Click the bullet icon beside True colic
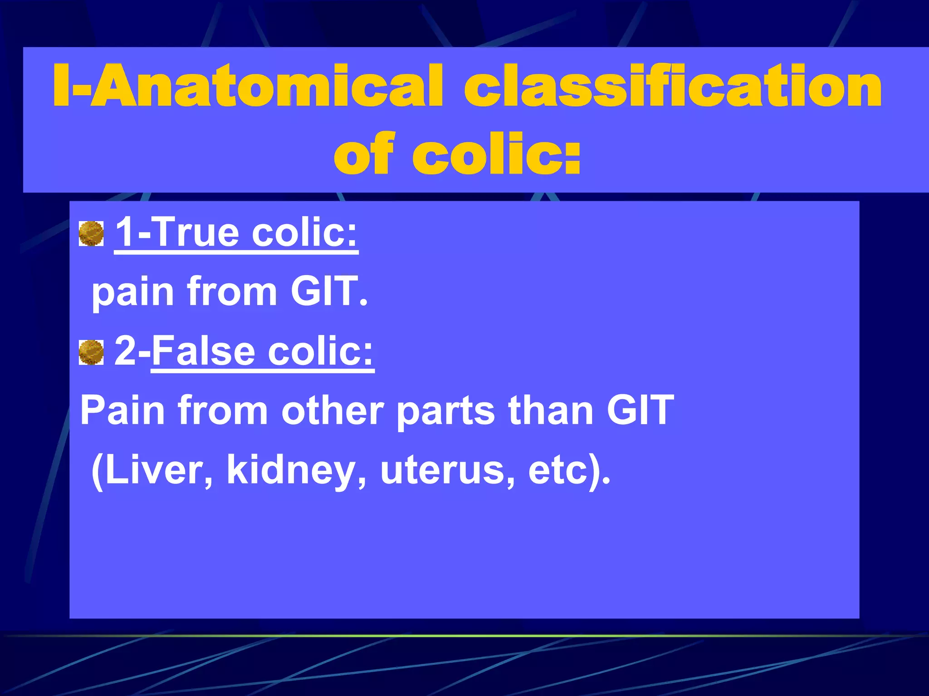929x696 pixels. click(x=91, y=234)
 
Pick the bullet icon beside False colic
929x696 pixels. click(x=91, y=353)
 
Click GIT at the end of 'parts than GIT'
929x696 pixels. click(x=640, y=410)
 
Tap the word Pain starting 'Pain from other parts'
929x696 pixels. click(x=122, y=410)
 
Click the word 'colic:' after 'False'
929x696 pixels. click(x=320, y=351)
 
